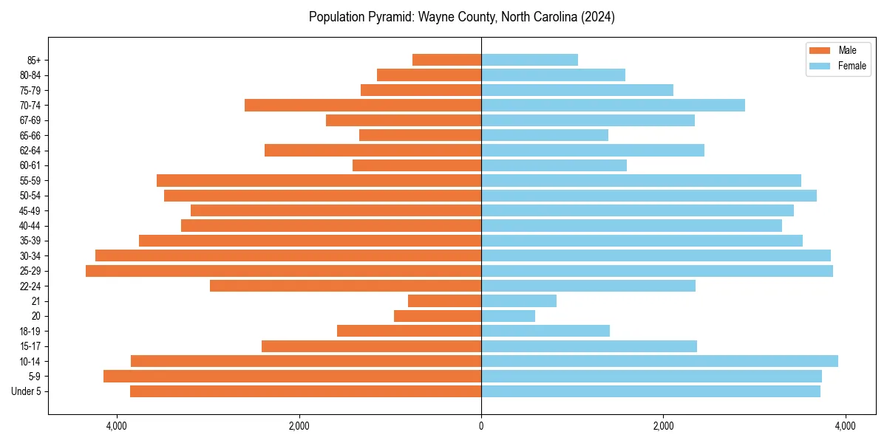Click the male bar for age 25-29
click(x=283, y=271)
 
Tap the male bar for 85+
click(x=446, y=60)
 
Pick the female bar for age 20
click(x=508, y=316)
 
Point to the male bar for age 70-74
click(x=363, y=106)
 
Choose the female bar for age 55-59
click(x=641, y=181)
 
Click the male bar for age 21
click(x=444, y=301)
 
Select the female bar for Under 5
click(x=650, y=391)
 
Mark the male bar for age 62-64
click(x=373, y=151)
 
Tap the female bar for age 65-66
click(x=545, y=135)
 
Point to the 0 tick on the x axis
click(x=481, y=426)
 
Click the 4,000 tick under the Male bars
click(x=117, y=426)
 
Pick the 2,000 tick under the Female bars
click(x=663, y=426)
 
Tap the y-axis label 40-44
click(x=30, y=226)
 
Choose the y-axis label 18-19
click(x=30, y=332)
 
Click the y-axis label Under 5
click(x=26, y=391)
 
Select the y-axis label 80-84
click(x=30, y=75)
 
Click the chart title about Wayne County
click(x=461, y=17)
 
